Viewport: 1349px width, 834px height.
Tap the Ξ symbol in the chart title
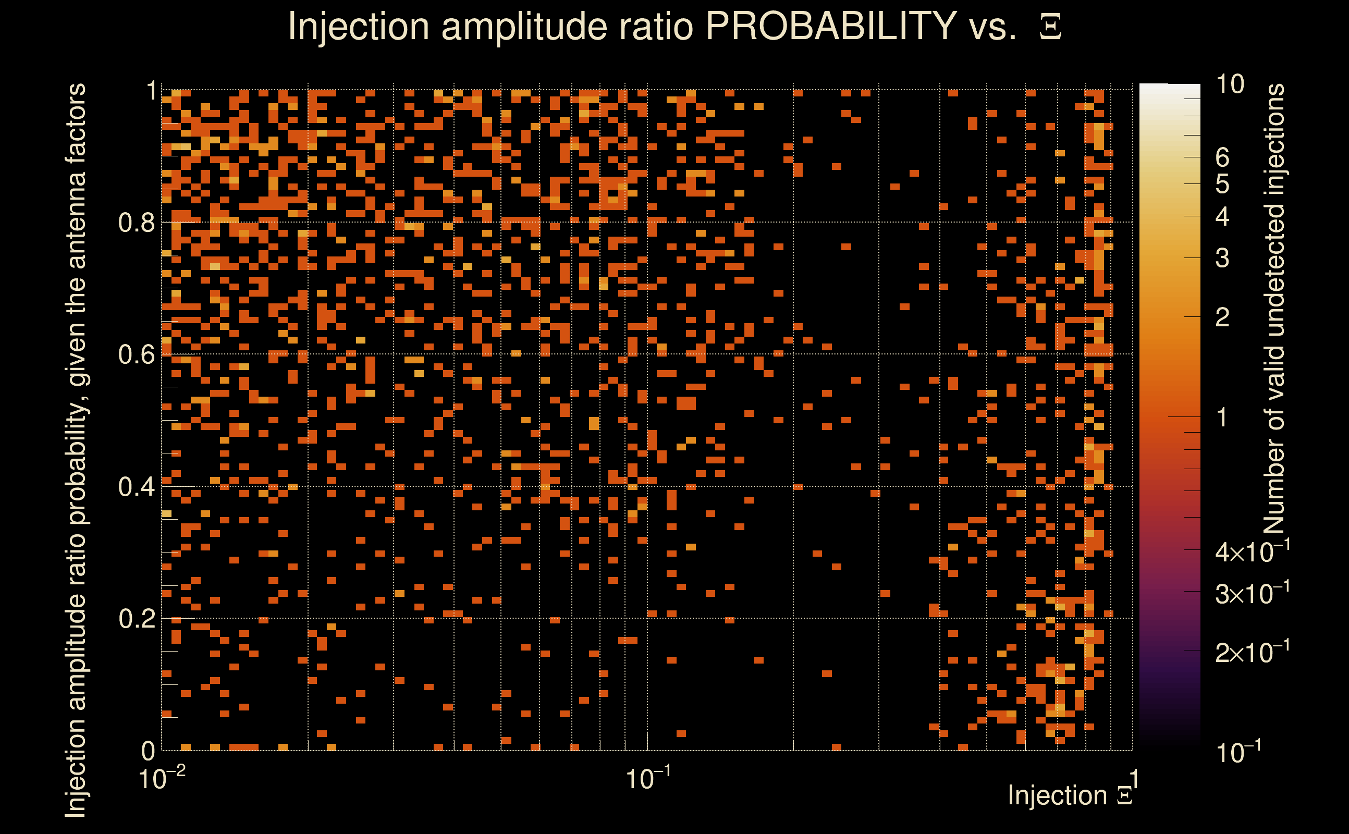(x=1050, y=27)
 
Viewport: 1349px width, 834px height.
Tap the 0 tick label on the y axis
(x=148, y=751)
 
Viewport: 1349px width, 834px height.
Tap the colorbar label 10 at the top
(x=1230, y=84)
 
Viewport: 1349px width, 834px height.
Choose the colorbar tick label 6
(x=1222, y=158)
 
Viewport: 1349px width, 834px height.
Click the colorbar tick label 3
(x=1222, y=258)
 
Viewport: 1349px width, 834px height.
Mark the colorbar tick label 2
(x=1222, y=317)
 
